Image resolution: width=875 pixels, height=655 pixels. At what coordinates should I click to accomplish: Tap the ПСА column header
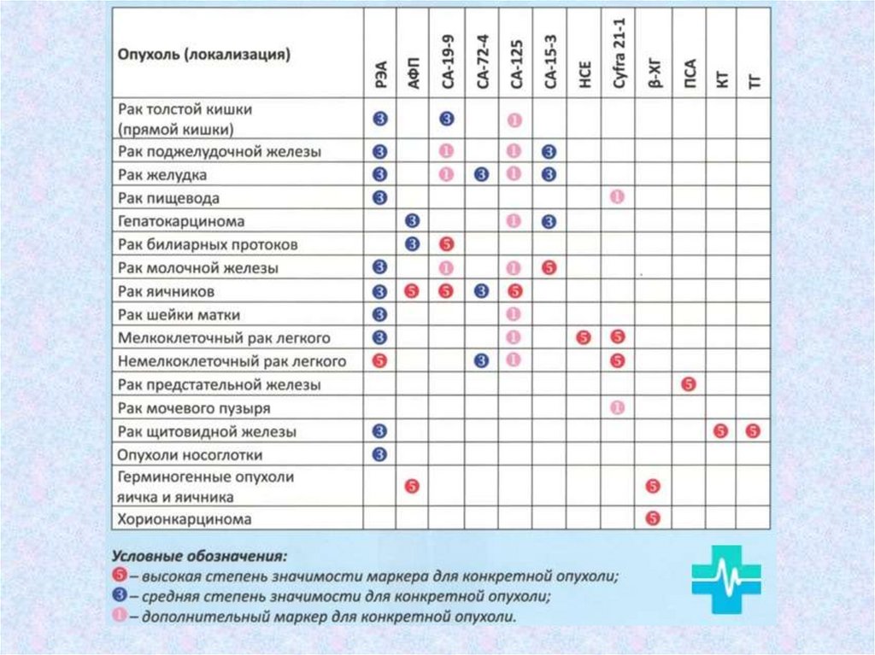tap(689, 73)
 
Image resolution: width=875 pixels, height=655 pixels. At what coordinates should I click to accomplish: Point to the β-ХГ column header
tap(654, 73)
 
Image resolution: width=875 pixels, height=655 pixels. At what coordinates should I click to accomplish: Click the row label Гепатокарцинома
tap(181, 221)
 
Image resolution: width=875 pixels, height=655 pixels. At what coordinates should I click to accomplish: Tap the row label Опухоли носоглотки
tap(191, 454)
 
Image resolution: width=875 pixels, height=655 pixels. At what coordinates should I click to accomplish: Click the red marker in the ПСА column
tap(689, 384)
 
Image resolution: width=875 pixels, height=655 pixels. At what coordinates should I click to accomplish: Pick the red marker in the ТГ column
tap(753, 430)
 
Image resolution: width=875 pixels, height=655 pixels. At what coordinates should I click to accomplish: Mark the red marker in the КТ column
tap(721, 430)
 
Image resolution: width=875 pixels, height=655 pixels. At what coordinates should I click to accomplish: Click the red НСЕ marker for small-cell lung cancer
tap(584, 337)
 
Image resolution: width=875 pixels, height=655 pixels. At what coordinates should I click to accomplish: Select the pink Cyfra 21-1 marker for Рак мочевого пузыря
tap(618, 407)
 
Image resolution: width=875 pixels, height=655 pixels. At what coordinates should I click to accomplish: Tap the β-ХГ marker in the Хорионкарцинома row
tap(654, 518)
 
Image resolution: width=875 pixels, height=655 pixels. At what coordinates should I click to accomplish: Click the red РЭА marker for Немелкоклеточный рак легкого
tap(380, 360)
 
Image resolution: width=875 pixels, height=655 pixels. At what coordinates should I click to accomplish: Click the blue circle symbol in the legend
tap(120, 595)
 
